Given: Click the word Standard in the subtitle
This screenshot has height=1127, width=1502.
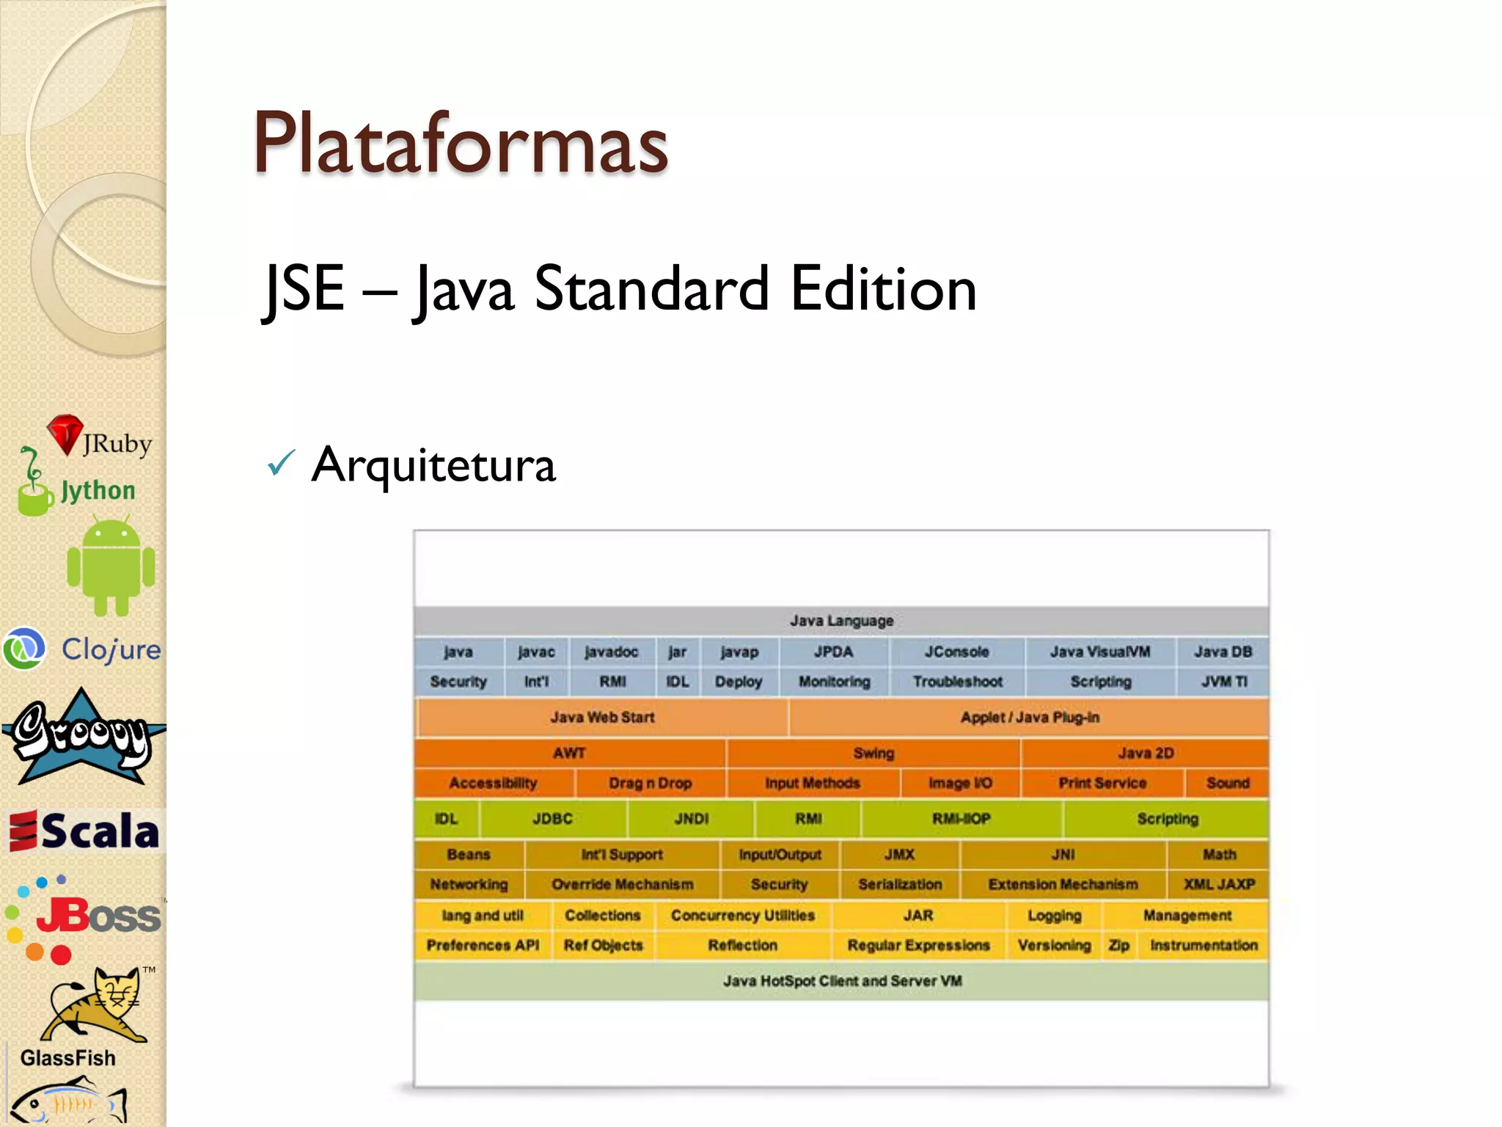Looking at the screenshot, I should pos(651,289).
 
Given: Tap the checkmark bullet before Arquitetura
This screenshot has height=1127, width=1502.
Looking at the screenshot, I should pos(281,463).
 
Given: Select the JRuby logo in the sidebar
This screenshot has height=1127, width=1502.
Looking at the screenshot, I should pos(99,438).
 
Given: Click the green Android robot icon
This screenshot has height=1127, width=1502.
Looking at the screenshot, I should pos(111,566).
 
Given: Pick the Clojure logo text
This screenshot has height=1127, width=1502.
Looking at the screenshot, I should pos(110,649).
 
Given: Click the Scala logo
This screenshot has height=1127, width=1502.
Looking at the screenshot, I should pos(85,831).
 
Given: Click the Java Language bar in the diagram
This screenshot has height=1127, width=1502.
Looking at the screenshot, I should pos(841,621).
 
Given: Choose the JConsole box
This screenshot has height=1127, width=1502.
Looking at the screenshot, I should pos(956,652).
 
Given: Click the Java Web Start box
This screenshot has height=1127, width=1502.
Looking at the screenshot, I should pos(602,717).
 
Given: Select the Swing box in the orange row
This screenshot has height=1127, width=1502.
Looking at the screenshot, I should pos(873,753).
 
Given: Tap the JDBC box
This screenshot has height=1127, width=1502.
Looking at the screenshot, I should pos(552,819).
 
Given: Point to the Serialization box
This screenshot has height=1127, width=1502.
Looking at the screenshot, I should pos(900,884).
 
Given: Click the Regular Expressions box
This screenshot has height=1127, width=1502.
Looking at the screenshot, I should pos(918,945).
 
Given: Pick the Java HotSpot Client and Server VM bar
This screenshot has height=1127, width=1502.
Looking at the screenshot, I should pos(841,981).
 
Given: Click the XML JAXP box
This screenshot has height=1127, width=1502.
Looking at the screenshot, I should pos(1219,884).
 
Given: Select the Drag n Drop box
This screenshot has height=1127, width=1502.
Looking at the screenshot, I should pos(650,783).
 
